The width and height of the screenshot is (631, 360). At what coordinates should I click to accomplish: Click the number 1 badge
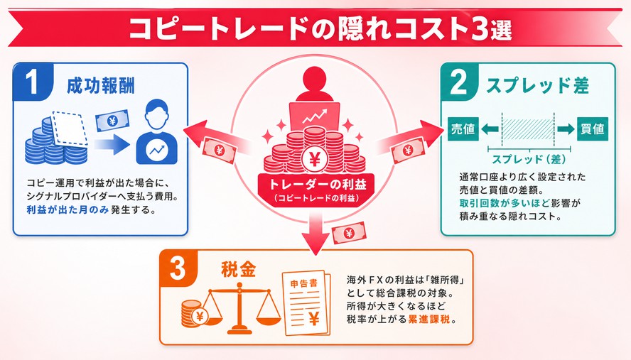(32, 82)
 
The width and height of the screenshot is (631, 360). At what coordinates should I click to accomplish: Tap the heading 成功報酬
(101, 86)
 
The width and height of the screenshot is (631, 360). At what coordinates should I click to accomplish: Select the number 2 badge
(460, 82)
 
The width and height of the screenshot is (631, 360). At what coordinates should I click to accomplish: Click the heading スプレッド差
(538, 86)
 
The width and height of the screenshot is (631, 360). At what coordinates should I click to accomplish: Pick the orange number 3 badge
(178, 268)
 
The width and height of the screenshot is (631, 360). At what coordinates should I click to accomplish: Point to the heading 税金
(239, 269)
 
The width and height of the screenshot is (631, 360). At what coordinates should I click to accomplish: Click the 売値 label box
(463, 129)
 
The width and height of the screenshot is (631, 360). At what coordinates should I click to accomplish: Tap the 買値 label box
(593, 129)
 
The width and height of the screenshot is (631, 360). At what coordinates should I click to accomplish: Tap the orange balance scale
(240, 308)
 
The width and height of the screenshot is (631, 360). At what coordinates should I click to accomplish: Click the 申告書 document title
(304, 283)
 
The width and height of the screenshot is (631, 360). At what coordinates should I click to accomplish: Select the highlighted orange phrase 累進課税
(429, 320)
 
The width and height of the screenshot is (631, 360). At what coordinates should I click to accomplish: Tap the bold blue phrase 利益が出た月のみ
(68, 209)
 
